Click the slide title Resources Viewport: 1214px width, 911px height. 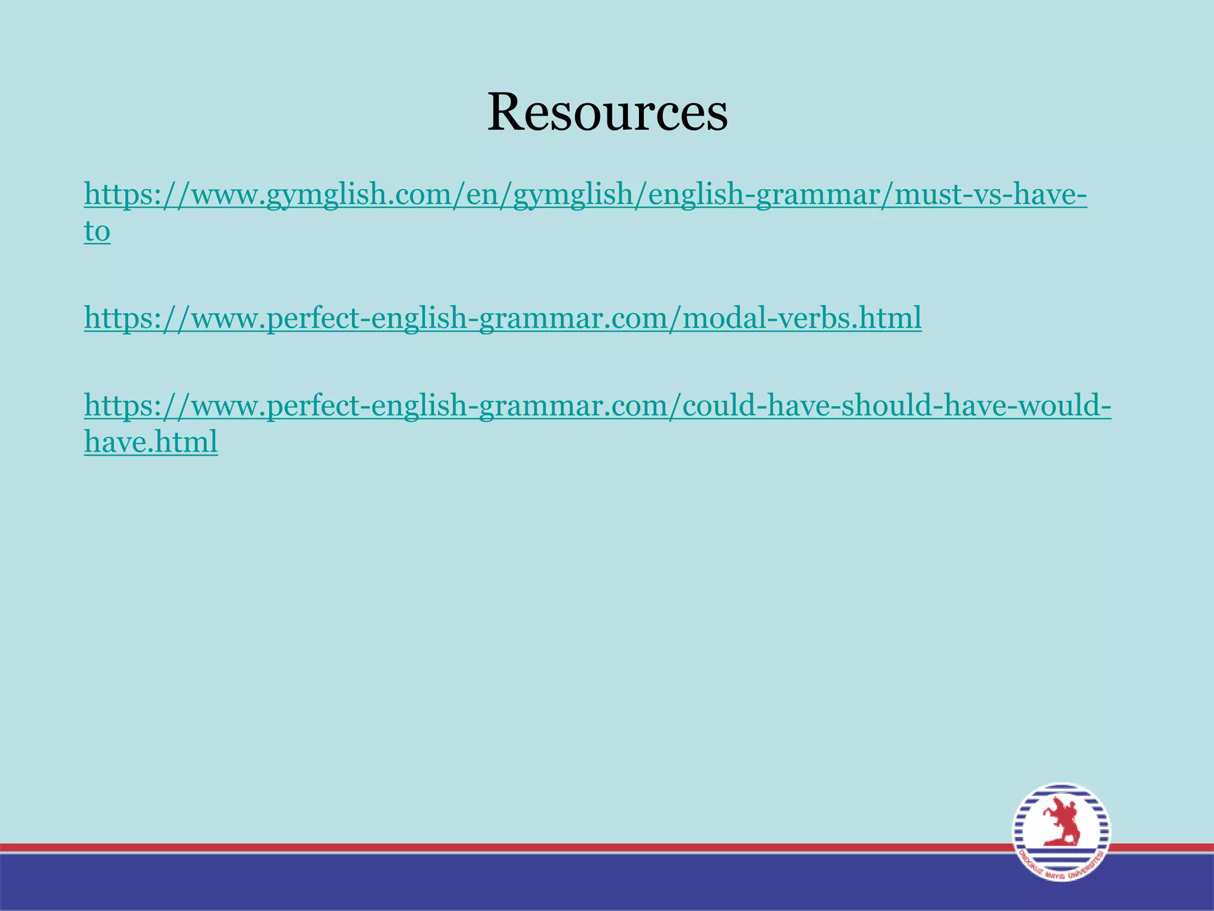coord(607,112)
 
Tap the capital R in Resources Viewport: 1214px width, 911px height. coord(507,112)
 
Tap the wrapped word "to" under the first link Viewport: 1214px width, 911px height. coord(97,231)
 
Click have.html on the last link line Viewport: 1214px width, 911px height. coord(151,442)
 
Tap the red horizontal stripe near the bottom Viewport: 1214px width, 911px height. coord(474,848)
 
